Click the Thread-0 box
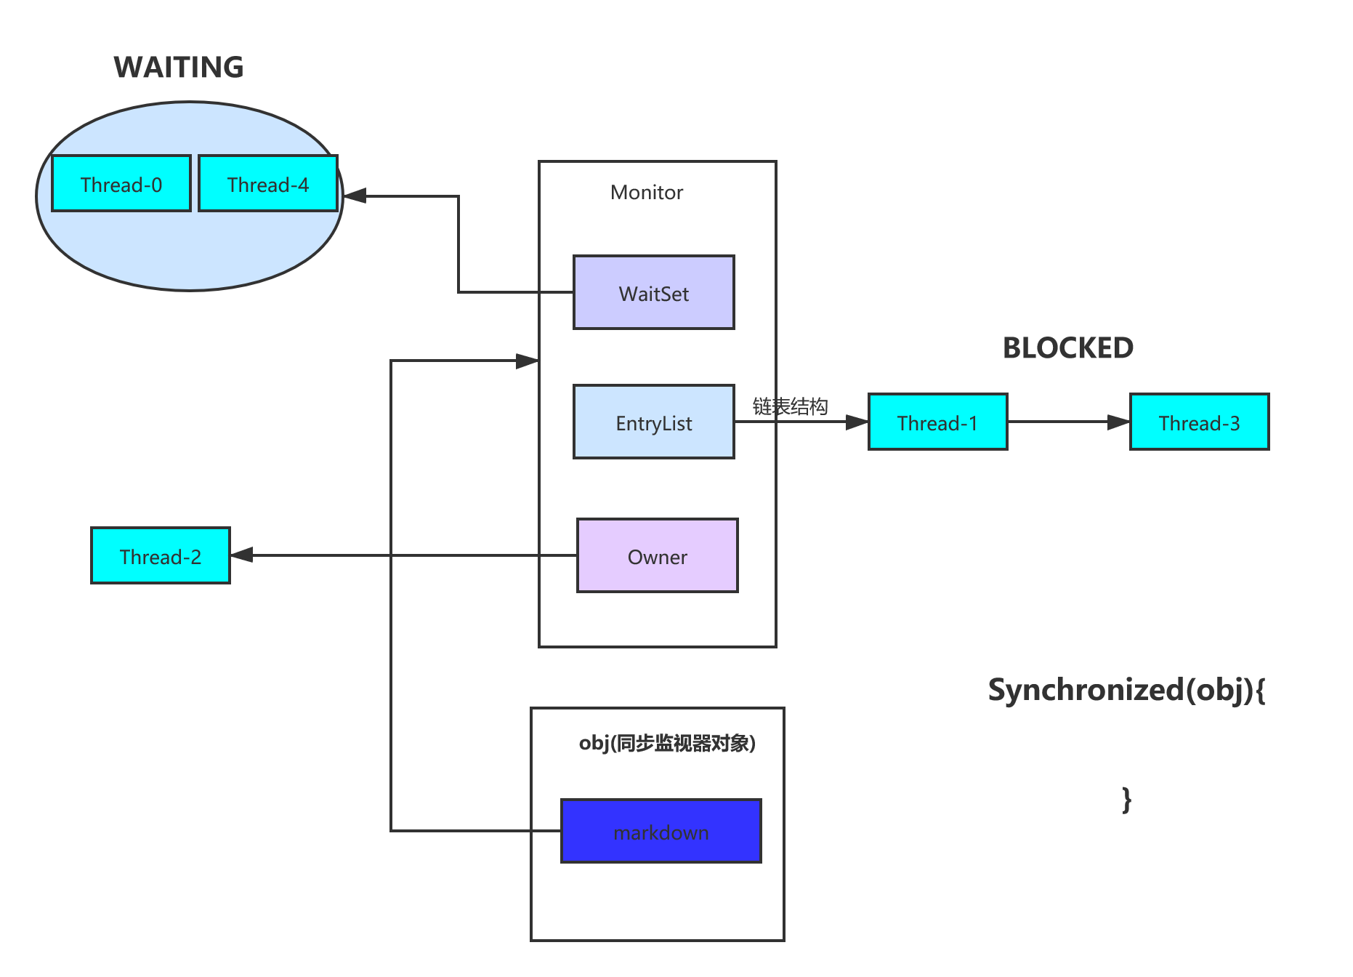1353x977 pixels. click(x=121, y=184)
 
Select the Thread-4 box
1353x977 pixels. click(x=268, y=184)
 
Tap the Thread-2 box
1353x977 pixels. click(x=161, y=556)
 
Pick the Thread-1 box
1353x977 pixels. click(x=937, y=422)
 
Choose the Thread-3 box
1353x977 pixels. click(x=1199, y=422)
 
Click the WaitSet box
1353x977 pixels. click(x=654, y=293)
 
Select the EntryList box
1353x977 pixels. click(x=654, y=422)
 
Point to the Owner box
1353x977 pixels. click(x=658, y=556)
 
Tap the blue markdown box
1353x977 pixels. click(x=661, y=832)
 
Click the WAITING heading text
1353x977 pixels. click(x=179, y=68)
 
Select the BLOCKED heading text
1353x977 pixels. click(x=1067, y=348)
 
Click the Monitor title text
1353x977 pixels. click(x=647, y=193)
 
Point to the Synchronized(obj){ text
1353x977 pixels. click(x=1126, y=690)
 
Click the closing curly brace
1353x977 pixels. click(x=1126, y=800)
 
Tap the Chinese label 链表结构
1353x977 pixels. click(x=790, y=406)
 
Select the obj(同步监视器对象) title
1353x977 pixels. click(x=667, y=743)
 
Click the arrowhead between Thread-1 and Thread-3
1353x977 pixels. click(x=1118, y=422)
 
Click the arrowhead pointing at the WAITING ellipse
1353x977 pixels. click(x=355, y=196)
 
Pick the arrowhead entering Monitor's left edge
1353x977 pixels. click(x=526, y=361)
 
